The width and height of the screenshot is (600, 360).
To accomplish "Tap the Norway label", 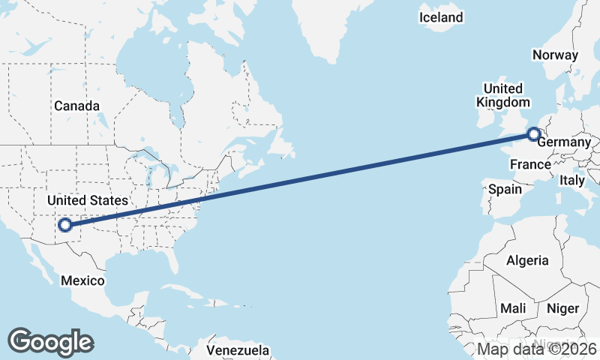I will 555,55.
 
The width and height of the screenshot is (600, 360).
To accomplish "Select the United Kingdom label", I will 503,94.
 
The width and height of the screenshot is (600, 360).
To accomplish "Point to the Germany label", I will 565,142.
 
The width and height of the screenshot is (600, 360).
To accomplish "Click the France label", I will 530,164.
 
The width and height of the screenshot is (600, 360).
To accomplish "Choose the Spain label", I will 505,189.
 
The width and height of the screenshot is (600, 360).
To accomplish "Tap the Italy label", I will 572,180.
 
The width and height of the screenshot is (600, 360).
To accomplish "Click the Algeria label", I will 528,261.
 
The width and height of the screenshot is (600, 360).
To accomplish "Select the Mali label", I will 513,308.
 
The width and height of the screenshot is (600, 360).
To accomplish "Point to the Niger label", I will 563,308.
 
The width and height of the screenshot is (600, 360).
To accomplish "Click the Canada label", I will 76,106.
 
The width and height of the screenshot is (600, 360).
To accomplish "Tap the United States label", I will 87,200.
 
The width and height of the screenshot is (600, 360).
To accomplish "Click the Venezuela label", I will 238,350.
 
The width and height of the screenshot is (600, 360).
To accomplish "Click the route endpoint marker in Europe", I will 533,135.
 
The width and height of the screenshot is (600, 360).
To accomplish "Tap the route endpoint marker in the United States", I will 65,223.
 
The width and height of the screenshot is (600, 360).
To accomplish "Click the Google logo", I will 50,341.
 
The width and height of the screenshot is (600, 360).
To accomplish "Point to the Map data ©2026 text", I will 537,349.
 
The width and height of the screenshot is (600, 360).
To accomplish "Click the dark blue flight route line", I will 300,179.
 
